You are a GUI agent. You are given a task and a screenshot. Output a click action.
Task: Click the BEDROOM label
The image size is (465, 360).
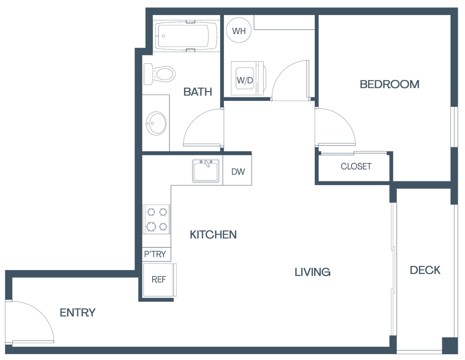click(389, 84)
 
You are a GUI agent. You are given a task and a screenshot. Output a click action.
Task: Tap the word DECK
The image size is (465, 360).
click(425, 270)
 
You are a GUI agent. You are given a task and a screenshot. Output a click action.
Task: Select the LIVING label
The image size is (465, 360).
click(312, 272)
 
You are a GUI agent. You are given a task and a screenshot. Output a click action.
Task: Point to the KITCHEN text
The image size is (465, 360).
click(213, 235)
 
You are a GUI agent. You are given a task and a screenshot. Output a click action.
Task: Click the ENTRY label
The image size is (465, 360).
click(78, 313)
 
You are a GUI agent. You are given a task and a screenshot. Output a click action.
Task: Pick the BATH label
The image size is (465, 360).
click(198, 92)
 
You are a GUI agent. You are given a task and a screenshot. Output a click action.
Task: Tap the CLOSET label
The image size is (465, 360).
click(356, 166)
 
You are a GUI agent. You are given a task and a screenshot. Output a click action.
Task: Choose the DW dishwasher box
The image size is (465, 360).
click(238, 172)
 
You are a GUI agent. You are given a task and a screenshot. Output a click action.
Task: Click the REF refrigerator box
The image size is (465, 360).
click(158, 280)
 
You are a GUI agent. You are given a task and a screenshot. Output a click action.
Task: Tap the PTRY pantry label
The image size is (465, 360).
click(156, 254)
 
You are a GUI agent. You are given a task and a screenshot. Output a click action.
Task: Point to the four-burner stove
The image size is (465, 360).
click(156, 219)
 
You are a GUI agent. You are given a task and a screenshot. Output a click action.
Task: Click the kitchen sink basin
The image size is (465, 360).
click(206, 170)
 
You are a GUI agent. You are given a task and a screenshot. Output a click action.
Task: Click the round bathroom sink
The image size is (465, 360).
click(155, 123)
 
